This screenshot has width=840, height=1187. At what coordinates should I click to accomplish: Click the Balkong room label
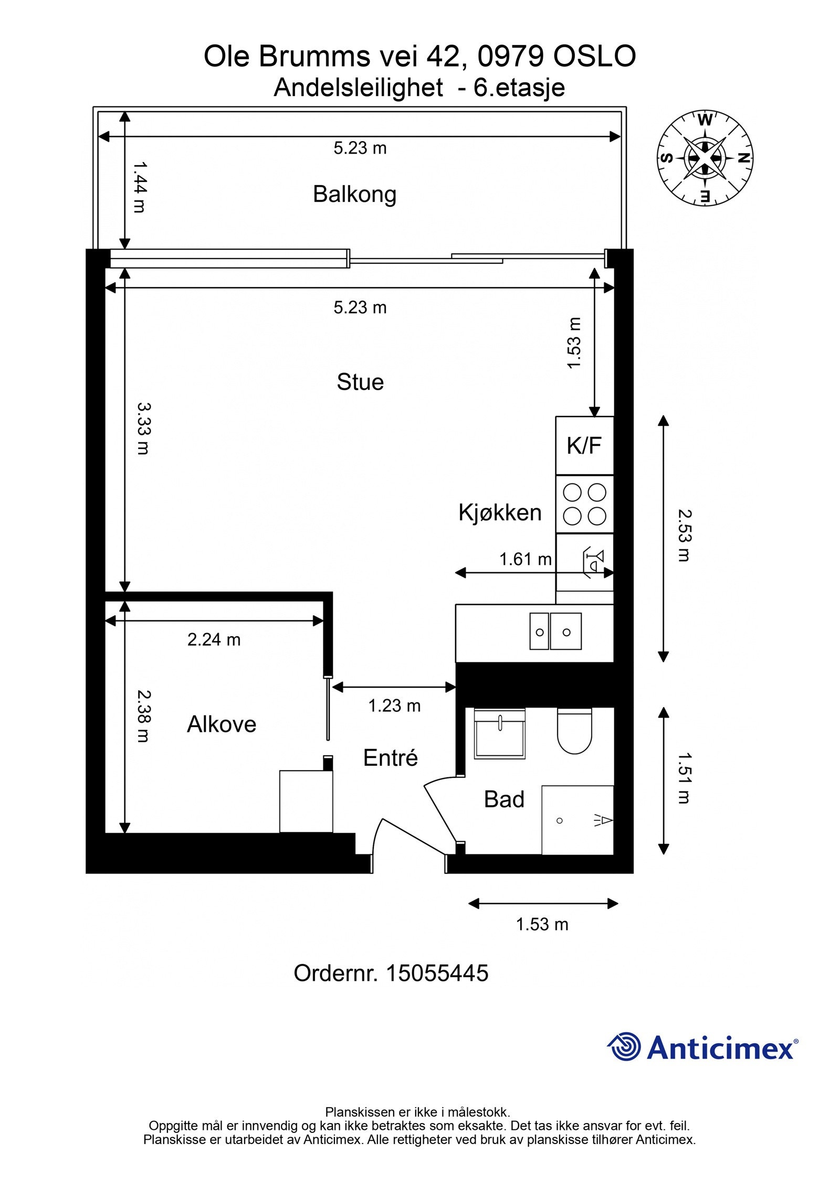coord(354,195)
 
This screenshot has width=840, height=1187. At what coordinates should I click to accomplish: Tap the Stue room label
coord(360,382)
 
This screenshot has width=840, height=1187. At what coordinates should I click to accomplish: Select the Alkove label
coord(222,724)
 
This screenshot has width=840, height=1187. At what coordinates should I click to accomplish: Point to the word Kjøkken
coord(500,512)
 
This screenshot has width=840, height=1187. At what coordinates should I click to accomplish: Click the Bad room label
coord(504,799)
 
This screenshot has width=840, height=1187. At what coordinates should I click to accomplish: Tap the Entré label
coord(391,757)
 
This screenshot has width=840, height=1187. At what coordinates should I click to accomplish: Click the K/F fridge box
coord(584,445)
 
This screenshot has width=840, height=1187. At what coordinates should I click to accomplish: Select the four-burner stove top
coord(584,504)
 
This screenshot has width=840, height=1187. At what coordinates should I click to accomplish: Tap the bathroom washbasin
coord(499,733)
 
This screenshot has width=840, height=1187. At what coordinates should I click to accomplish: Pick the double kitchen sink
coord(555,631)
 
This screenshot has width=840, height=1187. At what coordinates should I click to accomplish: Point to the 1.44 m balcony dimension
coord(139,187)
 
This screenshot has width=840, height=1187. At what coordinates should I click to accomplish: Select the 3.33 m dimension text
coord(143,428)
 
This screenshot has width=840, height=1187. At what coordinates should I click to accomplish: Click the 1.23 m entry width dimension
coord(394,705)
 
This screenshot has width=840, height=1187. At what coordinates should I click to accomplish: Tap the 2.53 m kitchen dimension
coord(684,536)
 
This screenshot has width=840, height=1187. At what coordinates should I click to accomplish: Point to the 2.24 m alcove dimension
coord(214,639)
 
